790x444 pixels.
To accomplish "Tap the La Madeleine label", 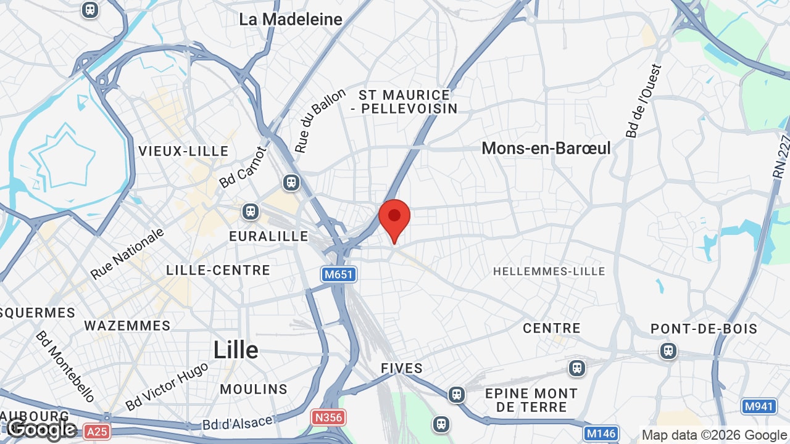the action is (x=290, y=19).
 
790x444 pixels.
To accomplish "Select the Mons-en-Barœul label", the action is (x=546, y=148).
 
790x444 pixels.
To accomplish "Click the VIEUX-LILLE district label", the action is (x=183, y=151).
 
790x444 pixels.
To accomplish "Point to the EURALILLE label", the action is (x=268, y=236).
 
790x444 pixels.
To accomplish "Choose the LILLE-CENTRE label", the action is (x=218, y=270).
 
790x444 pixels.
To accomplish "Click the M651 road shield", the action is (x=339, y=274).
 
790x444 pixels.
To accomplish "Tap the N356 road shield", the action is (x=328, y=417).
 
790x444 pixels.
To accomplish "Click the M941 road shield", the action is (x=759, y=406).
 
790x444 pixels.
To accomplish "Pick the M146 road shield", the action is (x=601, y=434).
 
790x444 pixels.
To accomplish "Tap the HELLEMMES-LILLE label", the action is (x=549, y=271).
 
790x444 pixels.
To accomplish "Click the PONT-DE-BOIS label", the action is (x=704, y=329).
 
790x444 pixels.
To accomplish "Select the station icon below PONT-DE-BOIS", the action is (x=668, y=351).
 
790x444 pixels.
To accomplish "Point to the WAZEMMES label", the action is (x=127, y=326).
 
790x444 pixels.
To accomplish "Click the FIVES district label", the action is (x=402, y=368).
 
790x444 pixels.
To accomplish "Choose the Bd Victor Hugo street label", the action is (x=167, y=386).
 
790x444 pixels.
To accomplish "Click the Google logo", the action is (x=41, y=429).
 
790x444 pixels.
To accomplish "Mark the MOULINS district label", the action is (x=254, y=389).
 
